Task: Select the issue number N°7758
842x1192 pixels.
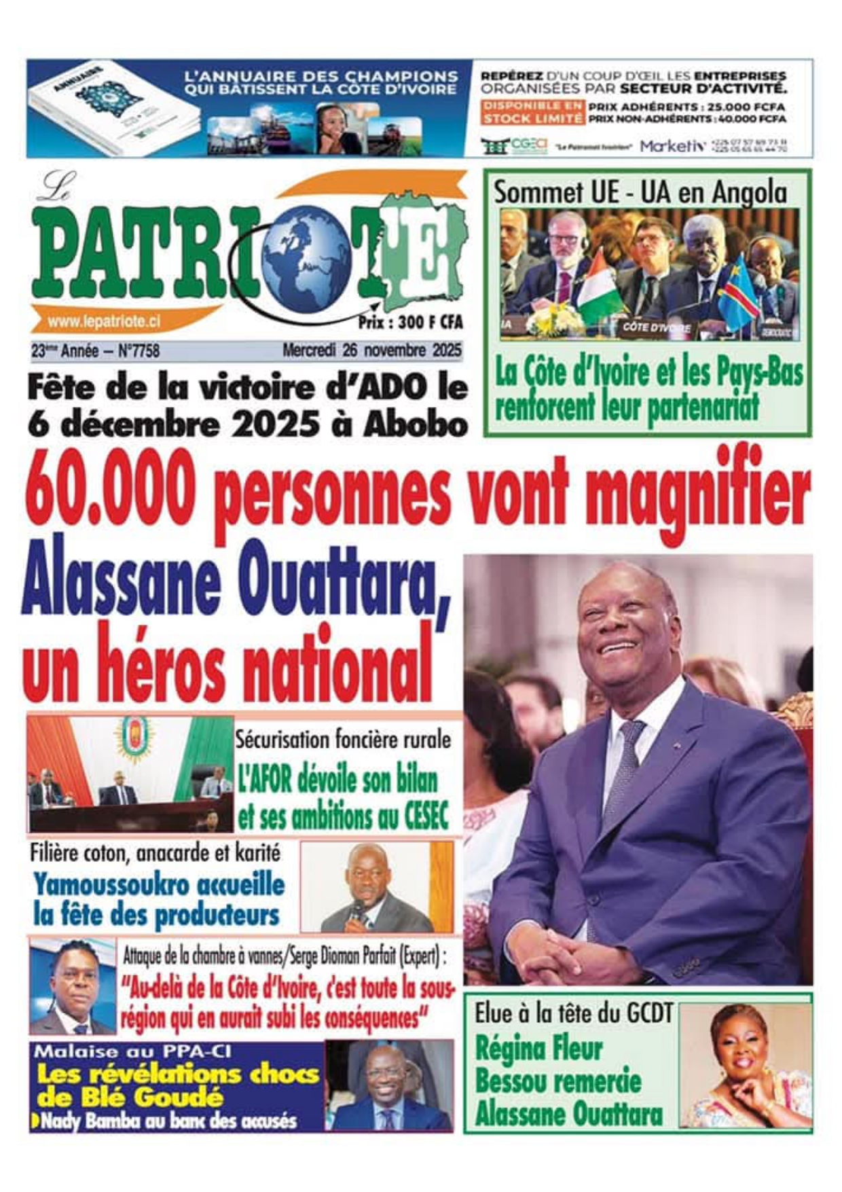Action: click(139, 351)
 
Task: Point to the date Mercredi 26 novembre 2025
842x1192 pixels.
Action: click(371, 351)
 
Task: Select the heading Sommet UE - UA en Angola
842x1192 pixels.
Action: click(640, 193)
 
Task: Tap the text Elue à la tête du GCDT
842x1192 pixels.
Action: click(573, 1014)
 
